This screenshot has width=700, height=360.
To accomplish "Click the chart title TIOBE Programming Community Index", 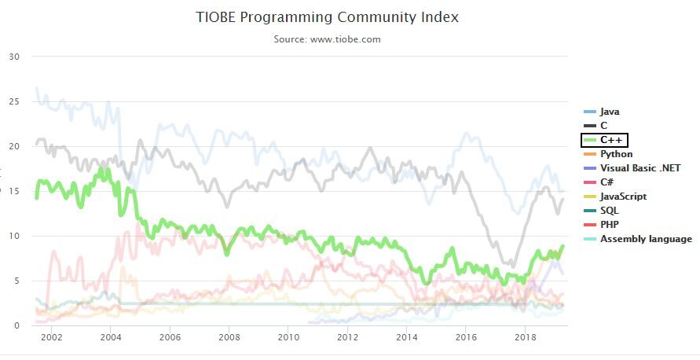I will tap(327, 17).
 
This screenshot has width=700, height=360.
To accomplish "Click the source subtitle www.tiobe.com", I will tap(327, 39).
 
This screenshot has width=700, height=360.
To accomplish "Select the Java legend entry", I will tap(610, 112).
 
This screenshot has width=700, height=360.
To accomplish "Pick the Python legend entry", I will tap(616, 154).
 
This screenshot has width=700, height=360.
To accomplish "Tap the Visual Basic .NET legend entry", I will tap(640, 168).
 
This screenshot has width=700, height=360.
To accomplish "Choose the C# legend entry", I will tap(607, 182).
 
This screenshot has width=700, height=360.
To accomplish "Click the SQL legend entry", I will tap(609, 211).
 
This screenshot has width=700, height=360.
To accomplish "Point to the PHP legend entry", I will tap(610, 225).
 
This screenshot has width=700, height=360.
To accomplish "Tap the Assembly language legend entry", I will tap(646, 239).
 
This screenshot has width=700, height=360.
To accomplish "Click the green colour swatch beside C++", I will tap(589, 140).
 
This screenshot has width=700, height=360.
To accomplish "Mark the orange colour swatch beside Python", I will tap(589, 154).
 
